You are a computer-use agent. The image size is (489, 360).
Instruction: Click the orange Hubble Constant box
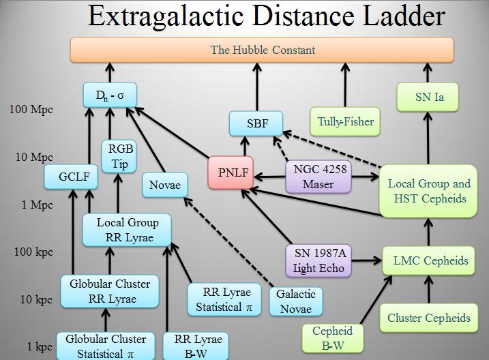pyautogui.click(x=262, y=50)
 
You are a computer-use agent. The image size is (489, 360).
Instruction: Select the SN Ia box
pyautogui.click(x=428, y=97)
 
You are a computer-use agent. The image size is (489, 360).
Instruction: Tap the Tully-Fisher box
pyautogui.click(x=345, y=121)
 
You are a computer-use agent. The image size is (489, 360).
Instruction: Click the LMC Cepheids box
pyautogui.click(x=430, y=260)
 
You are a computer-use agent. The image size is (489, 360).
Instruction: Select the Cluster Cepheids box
pyautogui.click(x=428, y=318)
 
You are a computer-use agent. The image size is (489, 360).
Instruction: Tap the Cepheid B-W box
pyautogui.click(x=332, y=338)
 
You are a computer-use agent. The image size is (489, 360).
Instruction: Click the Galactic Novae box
pyautogui.click(x=297, y=301)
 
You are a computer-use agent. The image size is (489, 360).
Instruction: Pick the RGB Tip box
pyautogui.click(x=119, y=156)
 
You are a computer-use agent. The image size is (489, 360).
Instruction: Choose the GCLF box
pyautogui.click(x=70, y=178)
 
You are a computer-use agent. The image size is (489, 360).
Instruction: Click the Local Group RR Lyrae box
pyautogui.click(x=127, y=230)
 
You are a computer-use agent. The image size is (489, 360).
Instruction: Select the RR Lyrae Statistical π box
pyautogui.click(x=224, y=299)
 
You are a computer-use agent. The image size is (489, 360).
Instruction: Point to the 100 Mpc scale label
pyautogui.click(x=32, y=109)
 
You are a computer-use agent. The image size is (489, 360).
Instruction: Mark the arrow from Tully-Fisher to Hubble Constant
pyautogui.click(x=346, y=84)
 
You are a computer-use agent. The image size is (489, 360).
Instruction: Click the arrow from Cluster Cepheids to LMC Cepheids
pyautogui.click(x=429, y=290)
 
